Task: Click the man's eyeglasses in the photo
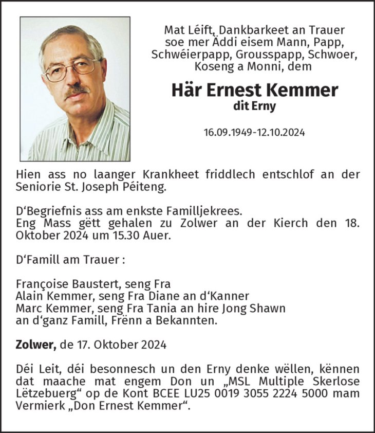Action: [71, 69]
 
